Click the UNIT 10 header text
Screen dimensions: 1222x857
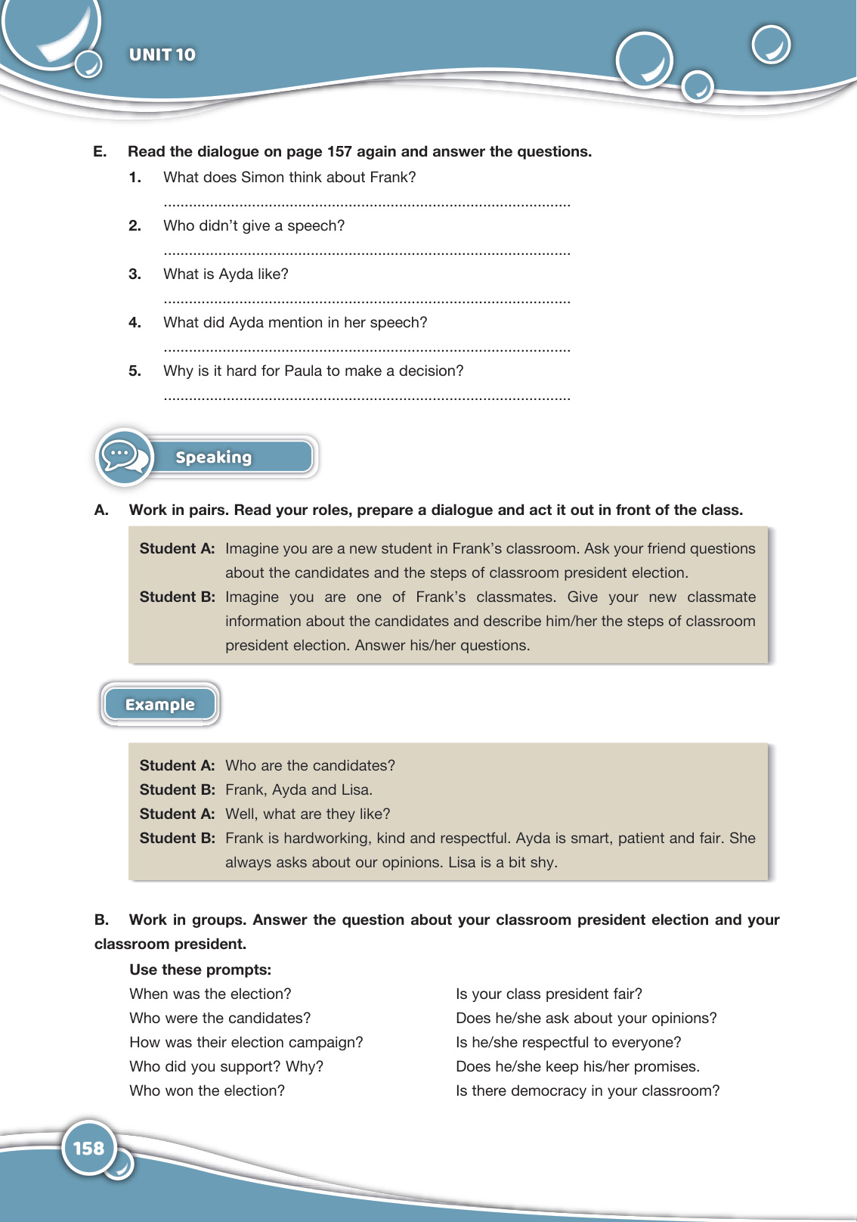[x=162, y=54]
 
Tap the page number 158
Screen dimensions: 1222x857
[x=88, y=1148]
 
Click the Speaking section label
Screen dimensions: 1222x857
[x=213, y=457]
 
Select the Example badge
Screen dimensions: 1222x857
[x=159, y=705]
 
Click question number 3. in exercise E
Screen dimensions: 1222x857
[x=135, y=274]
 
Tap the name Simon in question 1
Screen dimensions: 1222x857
[x=262, y=178]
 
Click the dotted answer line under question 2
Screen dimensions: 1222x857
[x=367, y=253]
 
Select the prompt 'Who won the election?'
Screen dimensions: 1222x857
[x=207, y=1090]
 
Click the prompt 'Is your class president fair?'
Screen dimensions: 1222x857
[x=549, y=994]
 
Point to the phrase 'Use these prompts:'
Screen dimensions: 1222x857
[x=200, y=969]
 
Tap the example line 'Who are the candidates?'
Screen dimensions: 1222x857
[x=310, y=765]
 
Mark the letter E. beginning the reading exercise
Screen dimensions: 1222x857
[x=100, y=152]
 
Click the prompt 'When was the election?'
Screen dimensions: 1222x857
[x=210, y=994]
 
